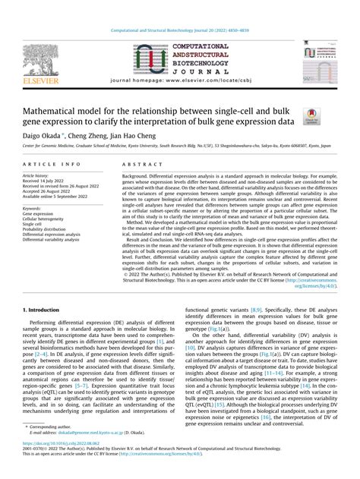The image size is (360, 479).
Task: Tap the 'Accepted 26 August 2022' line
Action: pyautogui.click(x=51, y=191)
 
